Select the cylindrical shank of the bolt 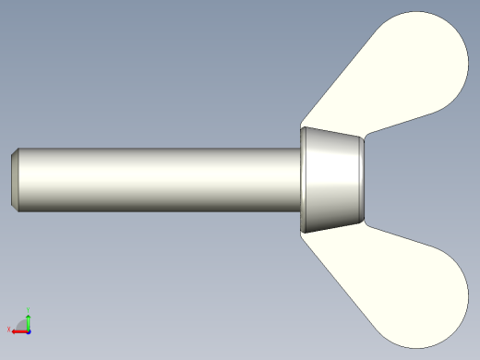(x=157, y=180)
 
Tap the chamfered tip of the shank (x=15, y=179)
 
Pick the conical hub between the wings (x=332, y=179)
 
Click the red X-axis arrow (x=18, y=330)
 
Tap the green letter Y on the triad (x=30, y=309)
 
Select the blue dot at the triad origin (x=29, y=330)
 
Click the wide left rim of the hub (x=304, y=179)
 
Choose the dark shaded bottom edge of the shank (x=157, y=209)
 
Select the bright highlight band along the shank (x=157, y=167)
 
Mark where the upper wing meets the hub (x=337, y=129)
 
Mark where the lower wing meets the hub (x=337, y=228)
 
